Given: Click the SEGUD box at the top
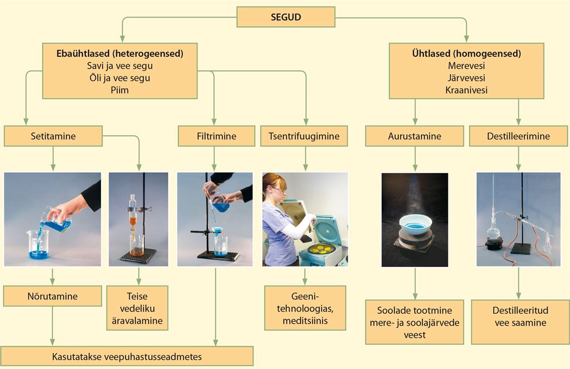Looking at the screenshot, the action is coord(286,17).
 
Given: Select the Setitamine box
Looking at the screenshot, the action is coord(53,136).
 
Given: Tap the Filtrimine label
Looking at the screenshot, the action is coord(216,136).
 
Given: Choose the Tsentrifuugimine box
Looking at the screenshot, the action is coord(304,136).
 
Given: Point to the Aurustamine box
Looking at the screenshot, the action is coord(414,136).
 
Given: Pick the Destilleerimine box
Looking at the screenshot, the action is coord(518,136).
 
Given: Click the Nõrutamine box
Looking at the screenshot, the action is coord(52,296).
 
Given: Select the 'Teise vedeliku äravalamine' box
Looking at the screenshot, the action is coord(137,308).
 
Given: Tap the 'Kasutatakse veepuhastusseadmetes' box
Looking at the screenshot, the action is coord(127,357).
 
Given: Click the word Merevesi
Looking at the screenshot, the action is coord(466,66).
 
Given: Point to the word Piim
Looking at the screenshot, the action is coord(119,90).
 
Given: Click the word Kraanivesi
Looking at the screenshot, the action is coord(466,90).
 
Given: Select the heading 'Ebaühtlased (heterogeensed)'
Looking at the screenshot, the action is coord(119,54).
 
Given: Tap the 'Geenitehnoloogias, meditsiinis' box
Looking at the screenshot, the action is coord(305,308).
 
